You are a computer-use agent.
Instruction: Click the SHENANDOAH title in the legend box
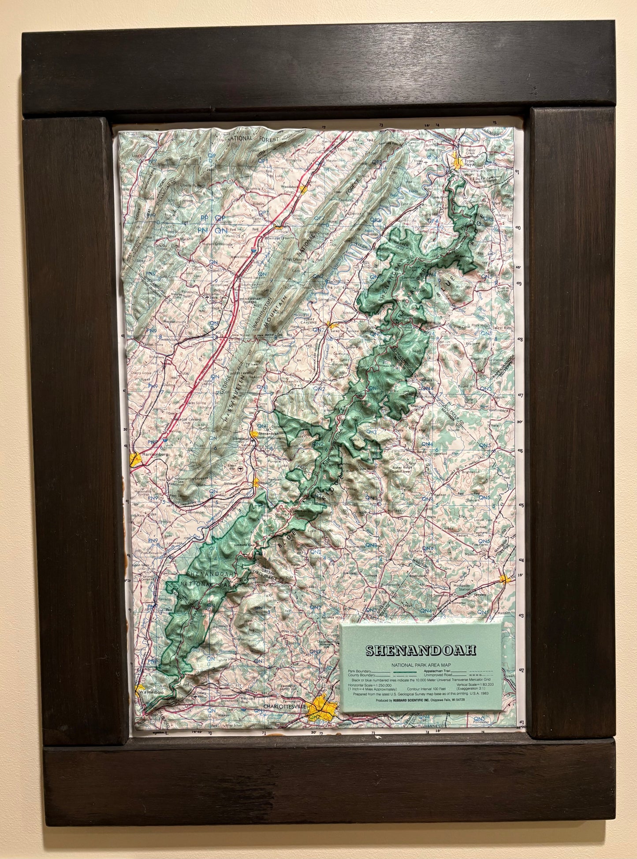(421, 651)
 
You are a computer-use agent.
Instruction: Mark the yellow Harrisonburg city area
(136, 460)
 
